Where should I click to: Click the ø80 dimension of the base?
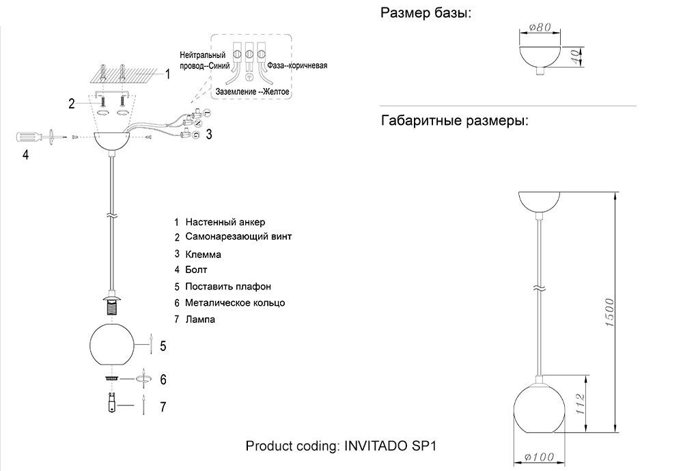pos(540,28)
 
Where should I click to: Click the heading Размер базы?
pos(426,13)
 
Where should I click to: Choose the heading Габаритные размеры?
pos(454,122)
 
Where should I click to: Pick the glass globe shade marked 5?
pos(113,346)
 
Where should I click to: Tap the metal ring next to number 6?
pos(111,377)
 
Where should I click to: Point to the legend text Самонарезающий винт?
pos(238,237)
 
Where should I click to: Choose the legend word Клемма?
pos(203,254)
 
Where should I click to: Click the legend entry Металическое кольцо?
pos(235,302)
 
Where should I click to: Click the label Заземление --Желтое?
pos(253,91)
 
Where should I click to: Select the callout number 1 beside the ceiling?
pos(168,74)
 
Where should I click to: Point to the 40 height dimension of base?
pos(576,56)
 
